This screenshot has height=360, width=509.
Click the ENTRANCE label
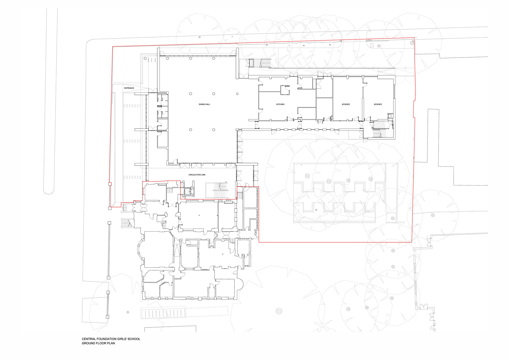[x=129, y=88]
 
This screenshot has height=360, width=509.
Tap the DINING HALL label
[x=204, y=104]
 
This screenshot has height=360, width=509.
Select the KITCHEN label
[x=280, y=104]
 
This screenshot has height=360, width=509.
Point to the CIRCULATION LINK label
[x=197, y=175]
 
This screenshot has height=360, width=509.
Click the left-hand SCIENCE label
[x=346, y=104]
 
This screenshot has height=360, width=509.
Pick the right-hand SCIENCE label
[x=378, y=104]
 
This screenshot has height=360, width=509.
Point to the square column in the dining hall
[x=237, y=94]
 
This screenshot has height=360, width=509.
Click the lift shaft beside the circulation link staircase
[x=189, y=191]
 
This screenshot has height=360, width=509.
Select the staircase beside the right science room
[x=379, y=129]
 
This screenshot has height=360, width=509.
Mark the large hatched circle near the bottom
[x=279, y=311]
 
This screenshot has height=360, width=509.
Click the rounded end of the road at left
[x=49, y=191]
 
